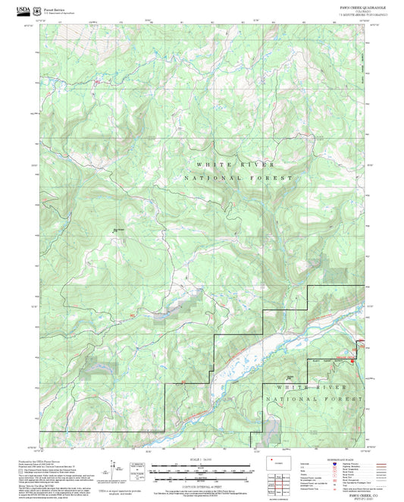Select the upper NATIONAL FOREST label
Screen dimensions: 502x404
[x=237, y=177]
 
